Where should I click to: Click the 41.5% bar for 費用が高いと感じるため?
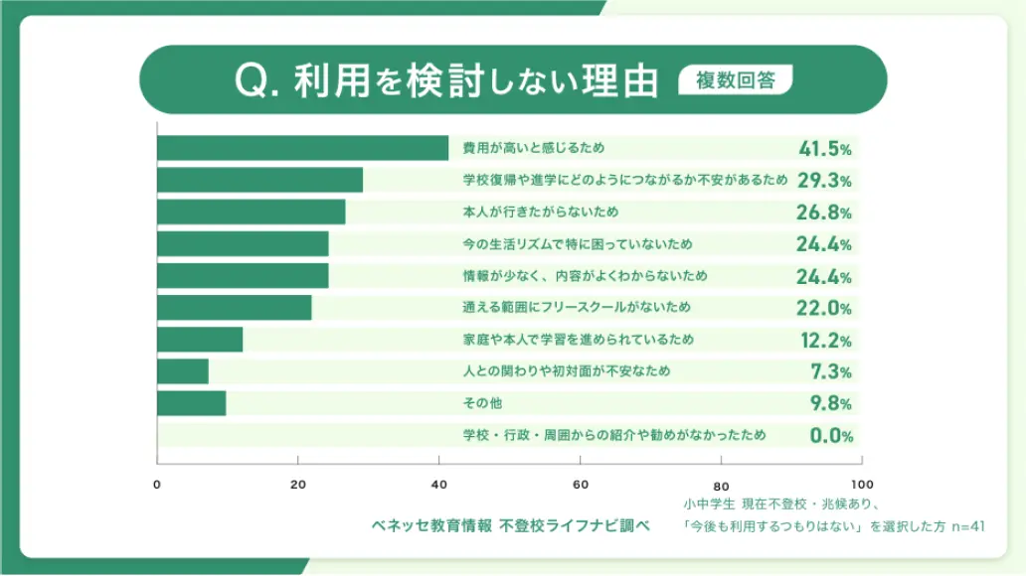click(302, 148)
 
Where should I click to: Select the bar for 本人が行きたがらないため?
click(251, 212)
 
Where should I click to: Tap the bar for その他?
click(191, 403)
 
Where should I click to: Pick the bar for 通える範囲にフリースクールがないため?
click(234, 308)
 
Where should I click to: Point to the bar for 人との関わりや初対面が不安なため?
click(183, 371)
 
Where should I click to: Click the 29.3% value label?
click(824, 181)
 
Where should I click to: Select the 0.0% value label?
click(827, 435)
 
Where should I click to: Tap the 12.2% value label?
click(825, 340)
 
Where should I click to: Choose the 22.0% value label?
click(825, 308)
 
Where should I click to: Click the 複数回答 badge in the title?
click(736, 80)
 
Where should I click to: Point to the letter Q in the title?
click(248, 82)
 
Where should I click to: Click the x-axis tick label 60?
click(580, 485)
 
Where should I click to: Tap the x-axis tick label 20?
click(297, 485)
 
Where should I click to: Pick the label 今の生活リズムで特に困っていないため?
click(577, 244)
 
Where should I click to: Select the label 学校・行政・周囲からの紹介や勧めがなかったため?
click(614, 435)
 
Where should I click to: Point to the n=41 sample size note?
click(966, 526)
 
